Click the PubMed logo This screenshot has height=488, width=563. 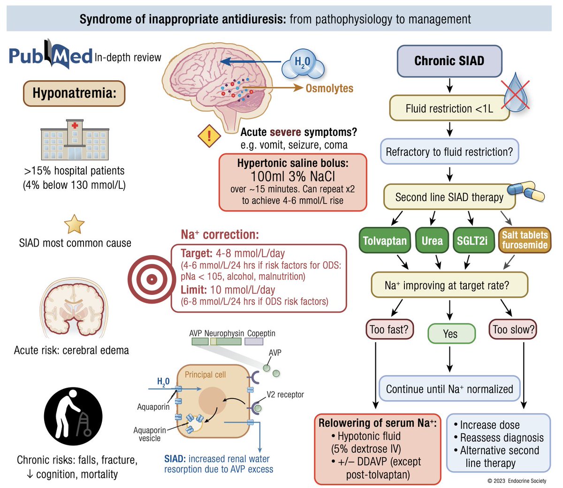[51, 56]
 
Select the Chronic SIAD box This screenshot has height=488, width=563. [449, 61]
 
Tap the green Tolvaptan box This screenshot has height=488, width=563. [385, 240]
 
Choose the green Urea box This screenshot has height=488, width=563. [432, 240]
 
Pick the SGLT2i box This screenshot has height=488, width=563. [472, 240]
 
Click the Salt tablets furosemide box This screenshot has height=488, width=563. [525, 240]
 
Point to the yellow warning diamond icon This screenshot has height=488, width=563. [209, 136]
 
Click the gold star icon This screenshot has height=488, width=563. [74, 224]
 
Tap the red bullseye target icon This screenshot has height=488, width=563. [151, 279]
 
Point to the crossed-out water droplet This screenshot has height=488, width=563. [516, 93]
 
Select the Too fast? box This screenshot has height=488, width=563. [389, 330]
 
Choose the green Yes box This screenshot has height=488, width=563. [451, 334]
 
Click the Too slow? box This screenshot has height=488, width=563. [513, 330]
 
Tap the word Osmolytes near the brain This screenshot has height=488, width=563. [329, 88]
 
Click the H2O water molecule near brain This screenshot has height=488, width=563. [303, 64]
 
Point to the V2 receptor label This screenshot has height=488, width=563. [285, 395]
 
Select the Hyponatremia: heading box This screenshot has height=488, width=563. [74, 93]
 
